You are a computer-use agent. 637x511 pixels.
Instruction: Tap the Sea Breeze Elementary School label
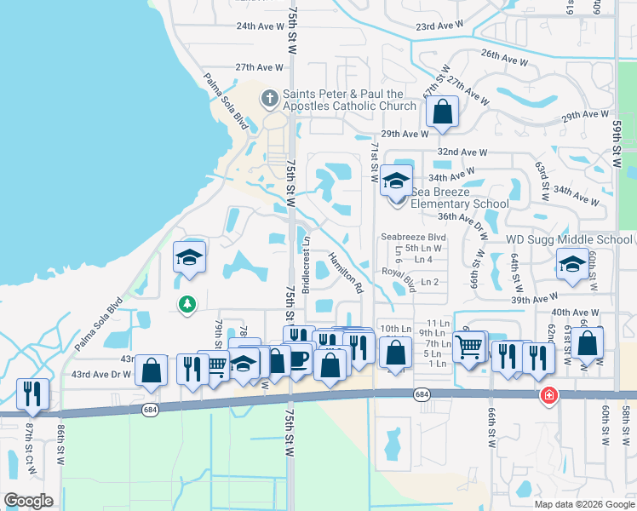pos(460,198)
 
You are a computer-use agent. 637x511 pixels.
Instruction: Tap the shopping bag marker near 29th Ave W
pos(443,112)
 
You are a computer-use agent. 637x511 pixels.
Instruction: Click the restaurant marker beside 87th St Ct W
pos(32,393)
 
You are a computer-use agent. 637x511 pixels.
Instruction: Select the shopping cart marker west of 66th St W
pos(469,347)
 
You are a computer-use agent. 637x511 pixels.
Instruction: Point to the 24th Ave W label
pos(260,26)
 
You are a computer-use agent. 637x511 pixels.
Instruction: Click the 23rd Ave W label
pos(440,27)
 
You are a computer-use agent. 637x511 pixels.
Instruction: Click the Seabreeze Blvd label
pos(414,237)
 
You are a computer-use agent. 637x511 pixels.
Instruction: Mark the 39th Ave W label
pos(534,300)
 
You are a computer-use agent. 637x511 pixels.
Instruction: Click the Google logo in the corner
pos(28,501)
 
